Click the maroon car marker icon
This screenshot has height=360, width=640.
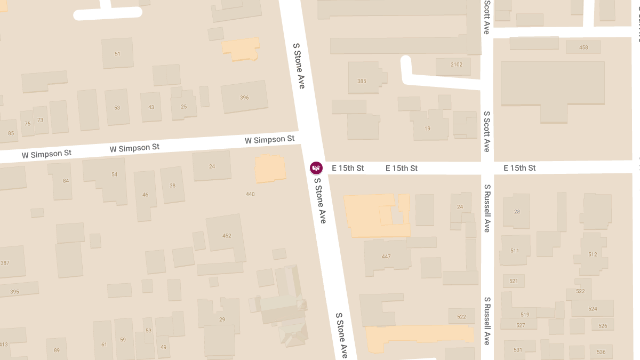[316, 168]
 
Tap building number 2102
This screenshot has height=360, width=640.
[456, 65]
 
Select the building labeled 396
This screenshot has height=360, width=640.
[244, 98]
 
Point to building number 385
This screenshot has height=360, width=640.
[362, 81]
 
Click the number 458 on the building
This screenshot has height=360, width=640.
[583, 47]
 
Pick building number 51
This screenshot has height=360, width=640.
[117, 54]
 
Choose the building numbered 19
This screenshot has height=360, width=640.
[427, 129]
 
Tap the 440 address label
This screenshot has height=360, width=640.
[250, 194]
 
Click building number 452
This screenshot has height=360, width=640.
[227, 235]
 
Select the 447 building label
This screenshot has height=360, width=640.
[386, 257]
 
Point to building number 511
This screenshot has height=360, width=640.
[515, 251]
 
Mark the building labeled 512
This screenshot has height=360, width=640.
[593, 254]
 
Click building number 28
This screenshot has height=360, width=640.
[517, 212]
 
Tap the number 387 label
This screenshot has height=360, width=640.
[5, 263]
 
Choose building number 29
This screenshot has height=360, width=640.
[222, 319]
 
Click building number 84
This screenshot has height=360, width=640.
[66, 181]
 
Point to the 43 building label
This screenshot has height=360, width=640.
[151, 107]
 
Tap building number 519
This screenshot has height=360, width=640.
[525, 315]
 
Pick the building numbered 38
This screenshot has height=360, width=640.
[172, 186]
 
